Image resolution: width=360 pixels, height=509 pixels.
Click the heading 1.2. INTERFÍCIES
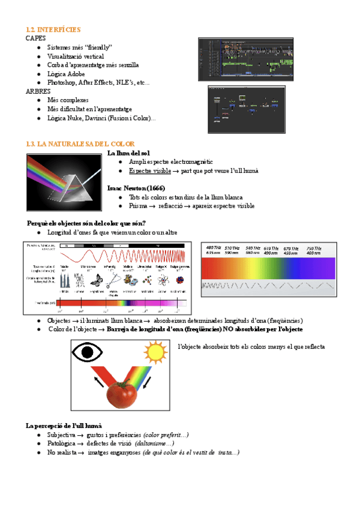53,29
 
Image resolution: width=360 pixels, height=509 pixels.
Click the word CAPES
36,38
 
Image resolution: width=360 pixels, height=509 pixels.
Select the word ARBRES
38,91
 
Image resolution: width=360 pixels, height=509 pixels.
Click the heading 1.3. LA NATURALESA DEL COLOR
80,144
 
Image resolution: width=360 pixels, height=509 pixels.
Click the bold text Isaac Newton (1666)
136,188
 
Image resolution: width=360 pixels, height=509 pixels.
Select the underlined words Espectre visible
149,171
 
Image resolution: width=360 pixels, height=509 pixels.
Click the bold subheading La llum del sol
127,154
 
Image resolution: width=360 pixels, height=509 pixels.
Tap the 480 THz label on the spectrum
214,248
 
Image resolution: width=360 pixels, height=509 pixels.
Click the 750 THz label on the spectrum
314,248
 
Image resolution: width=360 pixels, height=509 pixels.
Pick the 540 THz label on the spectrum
253,248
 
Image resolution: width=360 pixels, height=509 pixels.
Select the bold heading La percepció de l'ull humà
64,426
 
